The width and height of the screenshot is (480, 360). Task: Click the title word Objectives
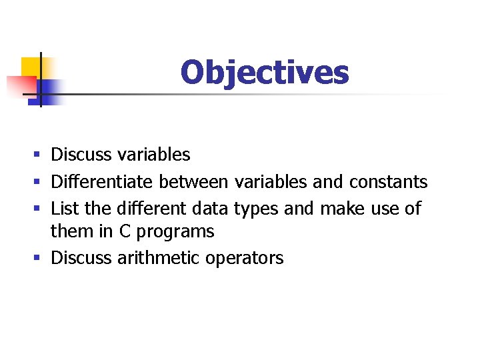(264, 72)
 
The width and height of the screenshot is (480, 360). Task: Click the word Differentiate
(103, 181)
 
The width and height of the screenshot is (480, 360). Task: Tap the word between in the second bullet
(193, 181)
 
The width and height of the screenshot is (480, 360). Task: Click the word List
(65, 208)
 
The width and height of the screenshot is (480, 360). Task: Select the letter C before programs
(125, 231)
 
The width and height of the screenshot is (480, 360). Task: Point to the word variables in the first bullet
(153, 155)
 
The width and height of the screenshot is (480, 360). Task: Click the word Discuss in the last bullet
(81, 258)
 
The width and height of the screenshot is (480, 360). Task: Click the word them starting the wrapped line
(72, 232)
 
